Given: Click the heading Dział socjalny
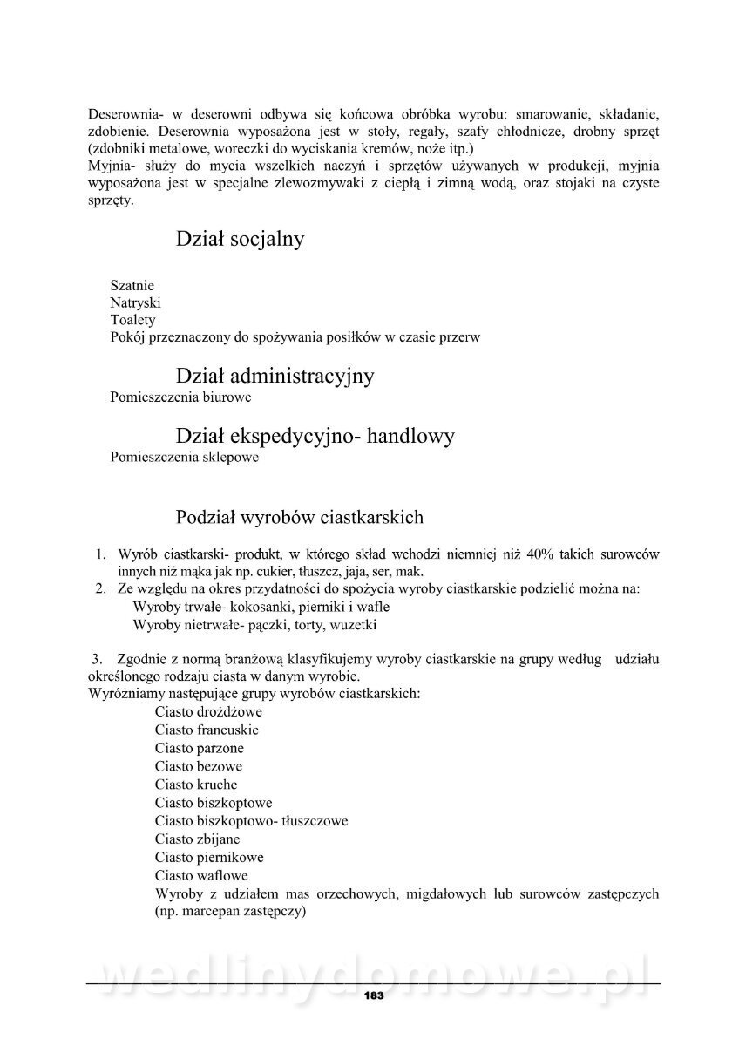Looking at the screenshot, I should (240, 239).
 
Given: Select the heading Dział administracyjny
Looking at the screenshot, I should (275, 376).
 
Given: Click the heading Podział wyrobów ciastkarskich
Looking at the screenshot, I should (300, 517).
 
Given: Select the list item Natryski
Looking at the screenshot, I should (136, 302).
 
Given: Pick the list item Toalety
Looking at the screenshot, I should (133, 320).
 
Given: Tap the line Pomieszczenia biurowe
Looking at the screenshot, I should (181, 397).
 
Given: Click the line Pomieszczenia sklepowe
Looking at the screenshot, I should (184, 456).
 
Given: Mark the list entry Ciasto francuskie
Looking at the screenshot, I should (207, 730).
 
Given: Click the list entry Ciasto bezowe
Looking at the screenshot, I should (199, 766).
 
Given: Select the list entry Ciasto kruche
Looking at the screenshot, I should (196, 784).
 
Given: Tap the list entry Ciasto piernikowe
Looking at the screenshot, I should (209, 857).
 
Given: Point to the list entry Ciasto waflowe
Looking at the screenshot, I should (201, 875).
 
